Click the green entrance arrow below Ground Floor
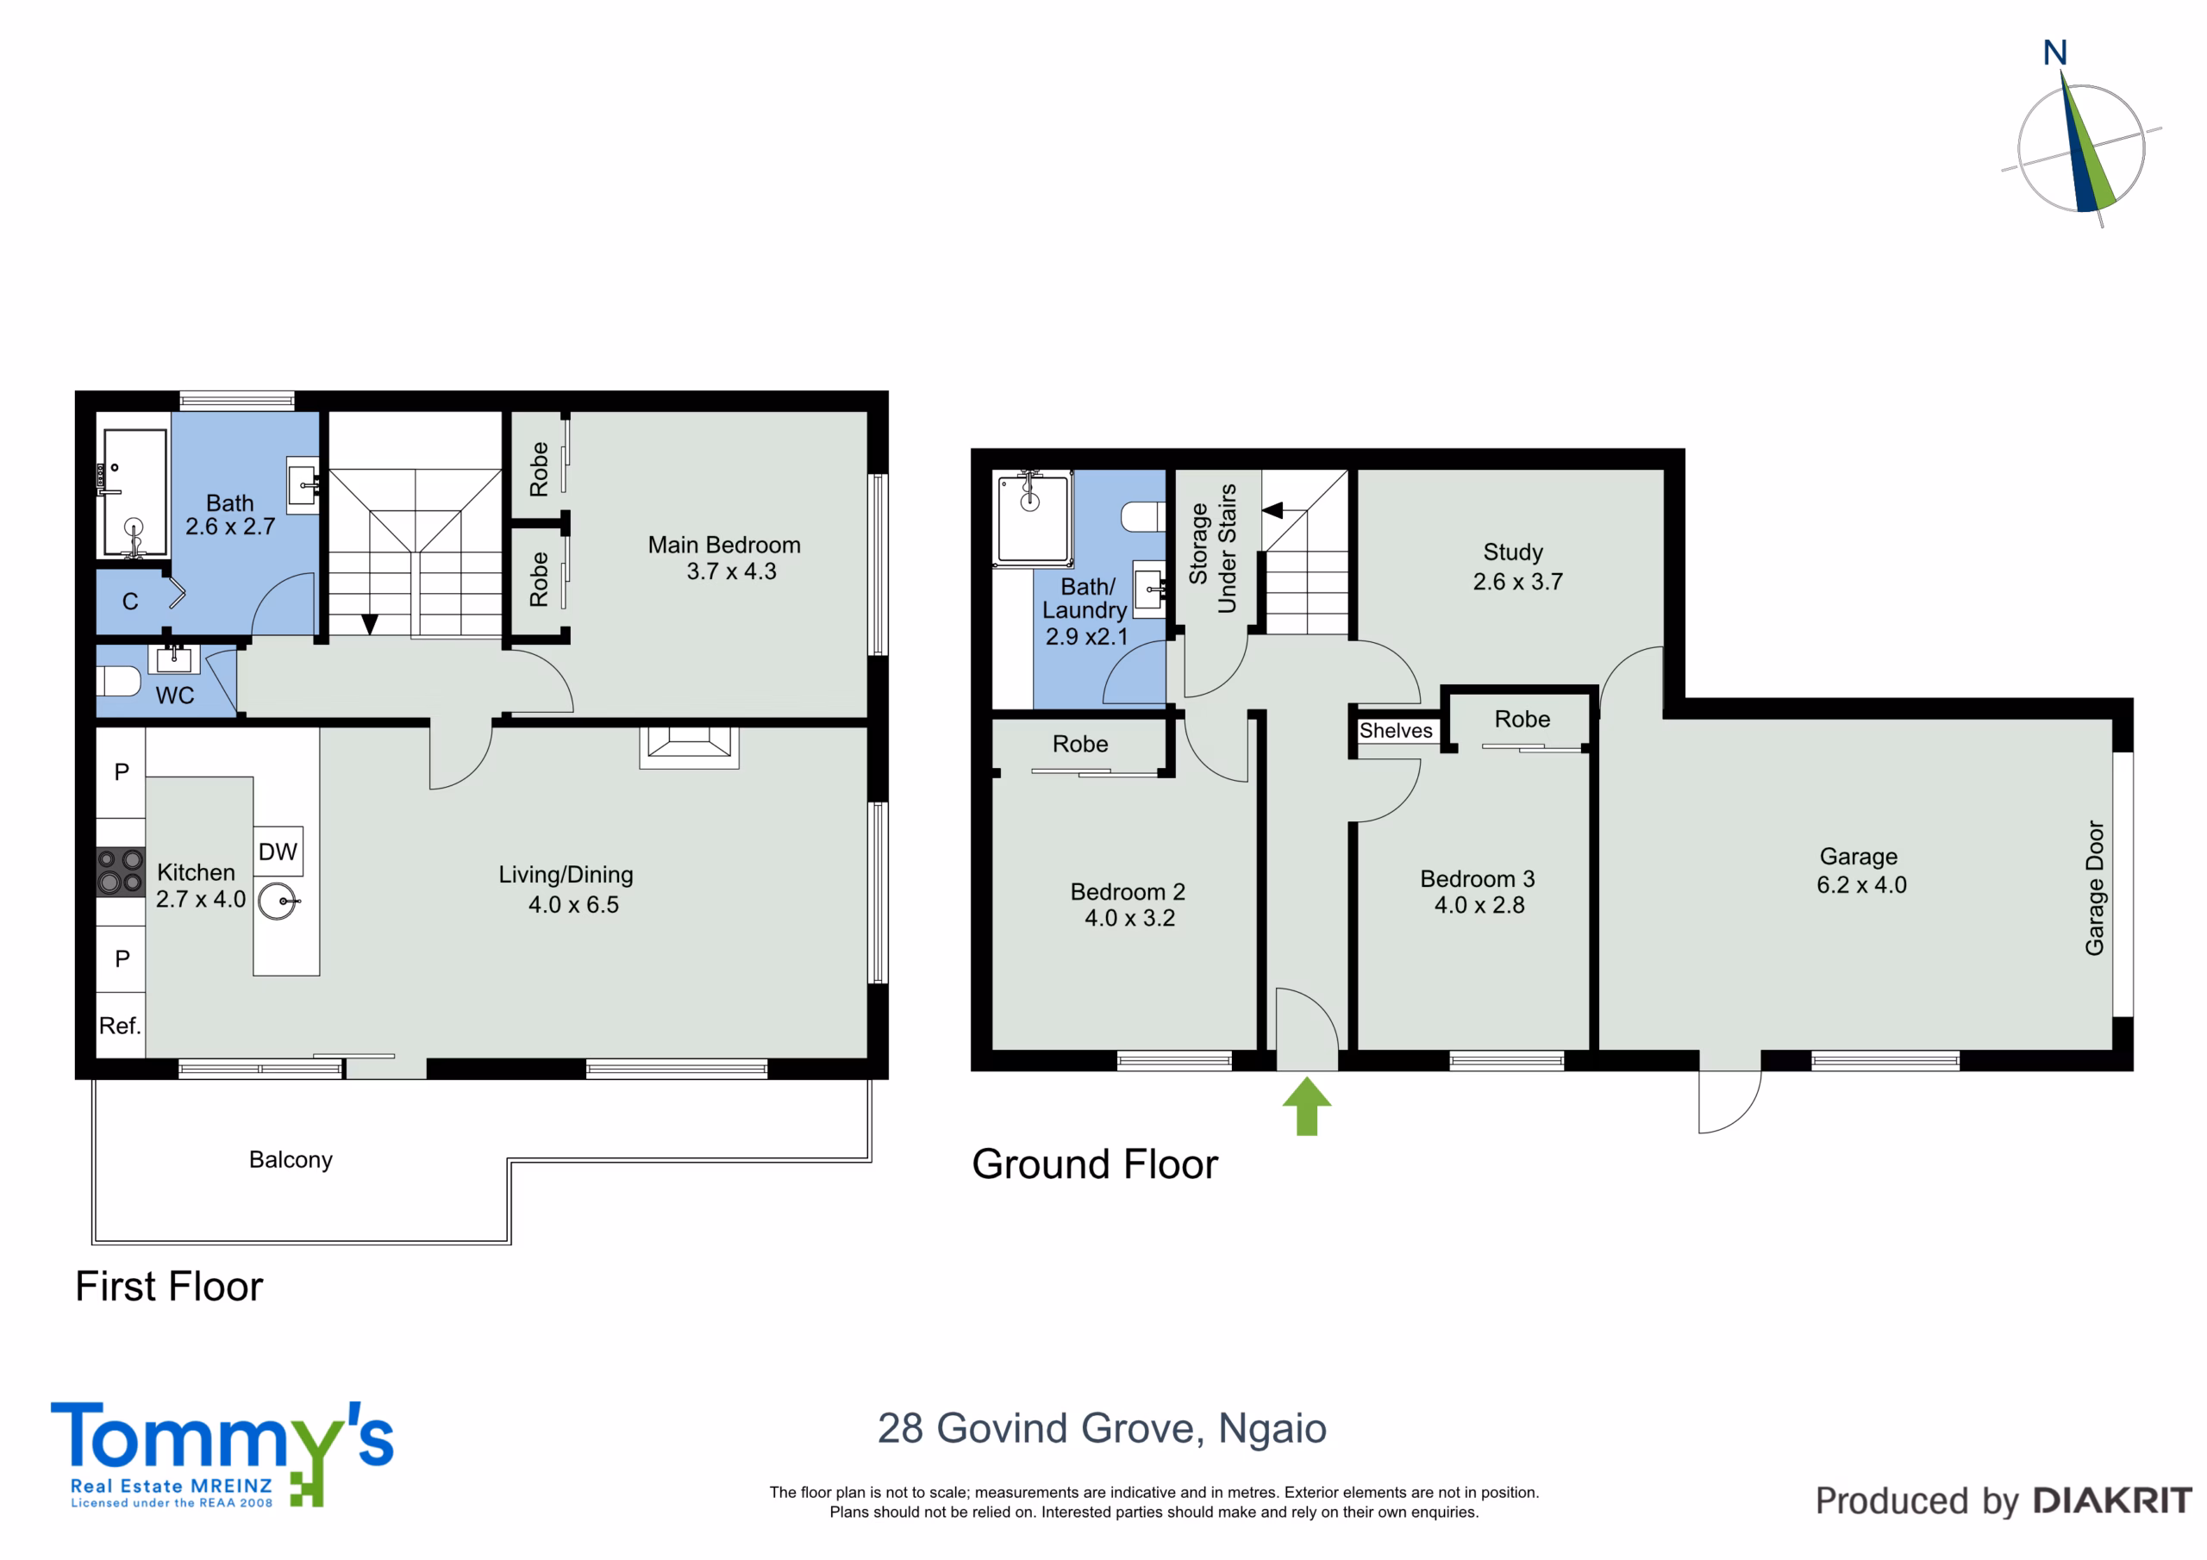point(1306,1107)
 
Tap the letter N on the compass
point(2055,53)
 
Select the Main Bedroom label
point(724,545)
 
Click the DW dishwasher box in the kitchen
point(278,851)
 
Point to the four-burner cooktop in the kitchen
point(120,870)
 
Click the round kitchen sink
point(278,902)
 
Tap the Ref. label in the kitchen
point(120,1026)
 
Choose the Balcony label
point(291,1159)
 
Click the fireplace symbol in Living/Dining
point(689,747)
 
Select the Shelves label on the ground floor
point(1396,731)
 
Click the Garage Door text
point(2095,888)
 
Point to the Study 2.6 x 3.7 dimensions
point(1518,582)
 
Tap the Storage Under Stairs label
point(1212,548)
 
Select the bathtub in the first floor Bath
point(134,492)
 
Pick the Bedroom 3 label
point(1478,878)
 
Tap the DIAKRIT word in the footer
point(2113,1501)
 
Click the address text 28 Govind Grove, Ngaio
point(1102,1428)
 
